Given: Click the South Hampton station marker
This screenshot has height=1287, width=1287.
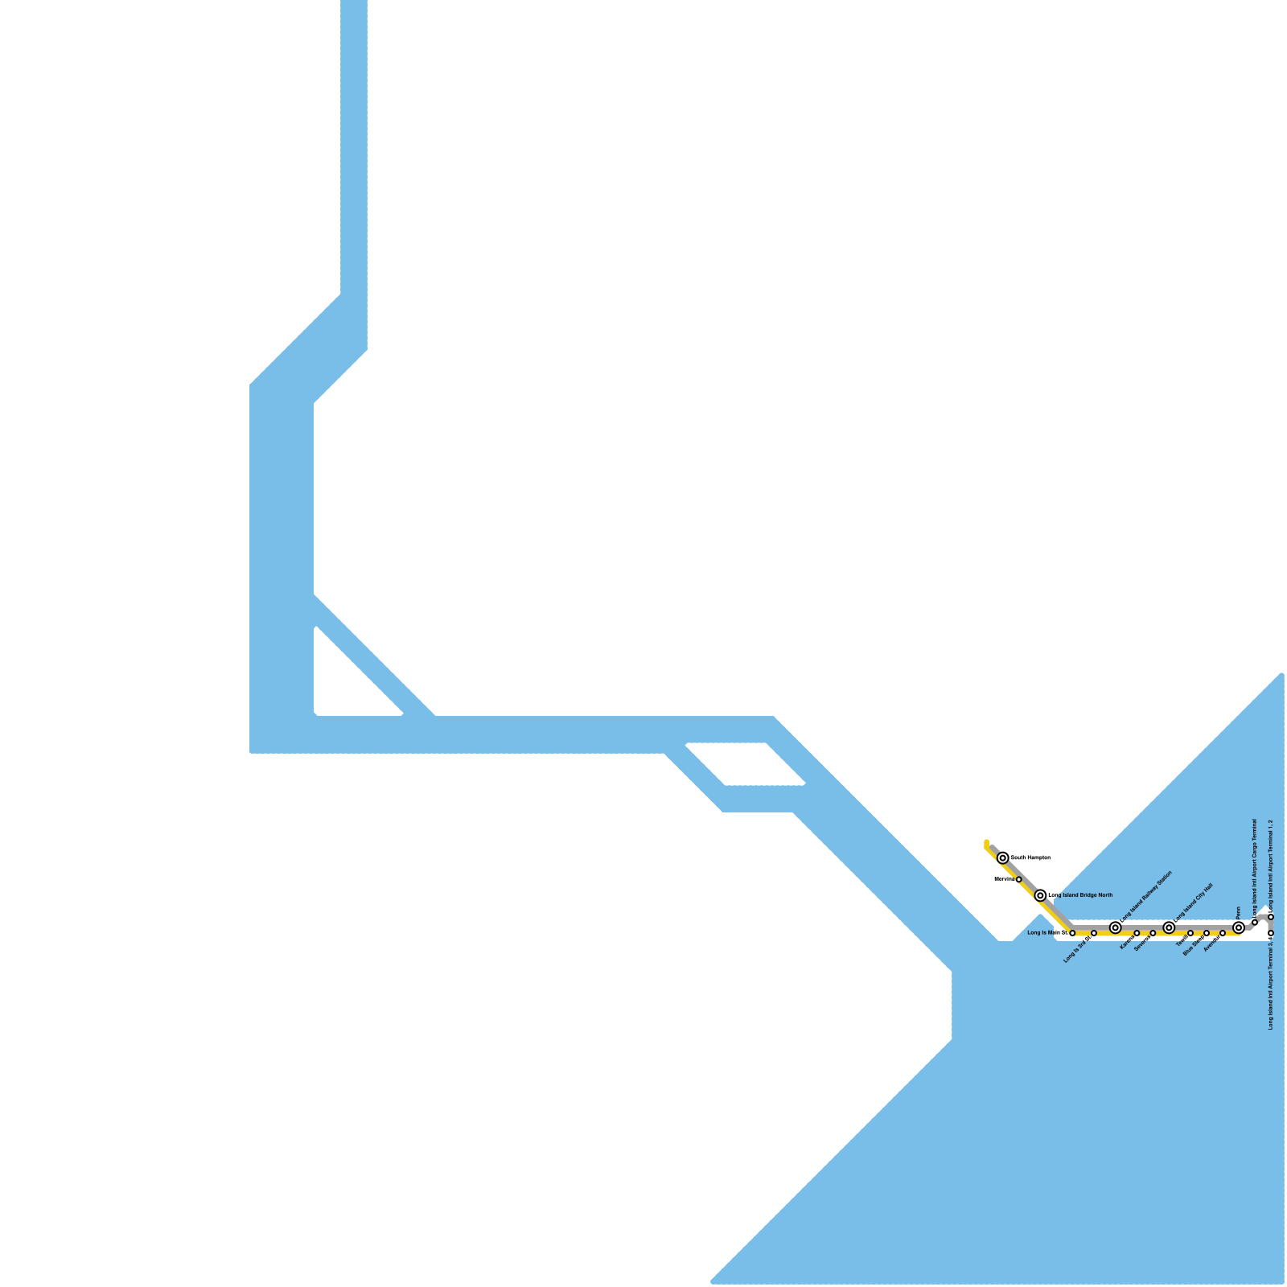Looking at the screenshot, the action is (x=1002, y=857).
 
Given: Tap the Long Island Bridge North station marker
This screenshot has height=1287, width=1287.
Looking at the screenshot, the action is (x=1040, y=895).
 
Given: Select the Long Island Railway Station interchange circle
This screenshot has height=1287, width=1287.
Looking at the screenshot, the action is (x=1115, y=927).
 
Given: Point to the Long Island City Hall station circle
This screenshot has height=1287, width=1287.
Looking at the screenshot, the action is (x=1169, y=927).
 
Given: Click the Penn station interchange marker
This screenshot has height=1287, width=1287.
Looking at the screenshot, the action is (x=1239, y=927).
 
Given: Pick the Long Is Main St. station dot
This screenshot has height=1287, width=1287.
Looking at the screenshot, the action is (x=1072, y=933).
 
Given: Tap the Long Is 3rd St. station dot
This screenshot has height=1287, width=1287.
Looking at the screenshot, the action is (x=1094, y=933).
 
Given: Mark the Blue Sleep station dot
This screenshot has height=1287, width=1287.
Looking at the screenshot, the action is (x=1207, y=933).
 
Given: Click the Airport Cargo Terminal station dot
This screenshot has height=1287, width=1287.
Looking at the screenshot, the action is (x=1255, y=923).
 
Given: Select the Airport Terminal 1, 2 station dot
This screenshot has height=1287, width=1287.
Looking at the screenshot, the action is (x=1271, y=917).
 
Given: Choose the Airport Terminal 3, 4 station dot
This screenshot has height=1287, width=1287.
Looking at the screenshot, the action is (x=1271, y=933).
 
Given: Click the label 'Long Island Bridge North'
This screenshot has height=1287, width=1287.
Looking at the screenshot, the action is (x=1080, y=895).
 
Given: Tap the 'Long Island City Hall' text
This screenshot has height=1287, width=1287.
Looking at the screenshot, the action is (x=1193, y=902).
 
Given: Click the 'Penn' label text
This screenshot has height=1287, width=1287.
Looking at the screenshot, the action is (x=1239, y=911).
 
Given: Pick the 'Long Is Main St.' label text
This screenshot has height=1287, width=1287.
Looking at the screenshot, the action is (x=1046, y=933).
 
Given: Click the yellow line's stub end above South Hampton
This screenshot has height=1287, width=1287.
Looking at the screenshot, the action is (x=986, y=842).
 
